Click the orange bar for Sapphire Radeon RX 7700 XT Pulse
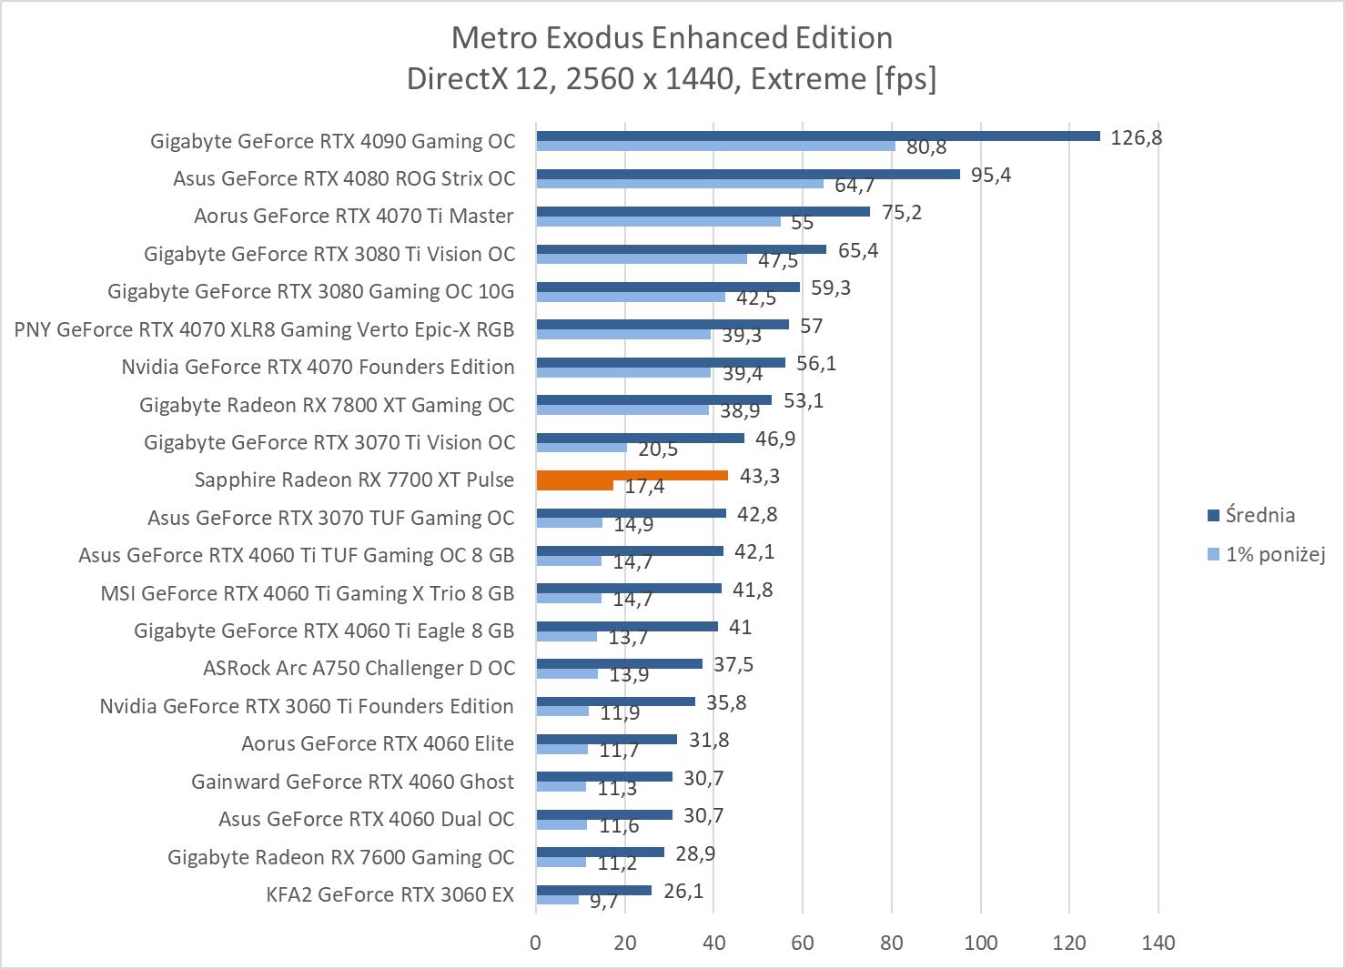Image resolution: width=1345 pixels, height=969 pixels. [x=632, y=475]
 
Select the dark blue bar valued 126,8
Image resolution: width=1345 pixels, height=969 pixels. [x=817, y=136]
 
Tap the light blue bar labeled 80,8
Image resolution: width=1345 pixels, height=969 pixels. [x=715, y=146]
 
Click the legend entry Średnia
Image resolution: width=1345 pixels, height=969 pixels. [x=1259, y=515]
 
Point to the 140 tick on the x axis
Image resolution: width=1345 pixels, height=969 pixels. [x=1158, y=943]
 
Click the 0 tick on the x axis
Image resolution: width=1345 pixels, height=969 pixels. [x=536, y=943]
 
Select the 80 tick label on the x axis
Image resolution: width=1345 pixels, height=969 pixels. [x=892, y=943]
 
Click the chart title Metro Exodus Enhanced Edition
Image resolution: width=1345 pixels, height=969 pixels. [x=672, y=37]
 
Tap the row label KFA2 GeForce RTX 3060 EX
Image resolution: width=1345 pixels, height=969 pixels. [x=389, y=894]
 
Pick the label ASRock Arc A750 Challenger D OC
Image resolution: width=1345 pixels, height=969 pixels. [x=359, y=668]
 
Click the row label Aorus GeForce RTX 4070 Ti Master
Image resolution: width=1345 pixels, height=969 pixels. [x=353, y=216]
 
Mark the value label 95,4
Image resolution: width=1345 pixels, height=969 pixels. [x=991, y=175]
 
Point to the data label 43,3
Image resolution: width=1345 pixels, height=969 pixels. [x=759, y=476]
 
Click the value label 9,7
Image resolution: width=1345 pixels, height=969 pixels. [x=603, y=901]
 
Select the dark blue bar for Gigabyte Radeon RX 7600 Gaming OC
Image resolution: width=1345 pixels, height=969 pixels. [x=600, y=852]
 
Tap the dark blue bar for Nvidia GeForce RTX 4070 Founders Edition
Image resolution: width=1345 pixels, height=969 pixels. [x=660, y=362]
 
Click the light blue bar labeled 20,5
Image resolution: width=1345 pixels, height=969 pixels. [x=581, y=448]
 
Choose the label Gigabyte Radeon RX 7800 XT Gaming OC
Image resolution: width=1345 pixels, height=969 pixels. [x=327, y=405]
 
